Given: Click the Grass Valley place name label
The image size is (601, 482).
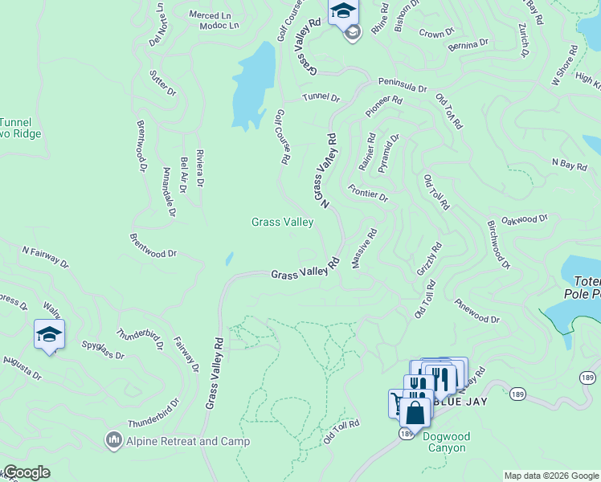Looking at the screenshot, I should [x=282, y=222].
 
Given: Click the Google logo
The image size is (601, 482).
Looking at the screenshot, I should [x=26, y=472].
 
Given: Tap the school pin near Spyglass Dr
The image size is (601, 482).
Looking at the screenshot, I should [x=49, y=334].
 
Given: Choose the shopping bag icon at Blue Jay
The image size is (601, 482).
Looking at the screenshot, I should [x=415, y=413].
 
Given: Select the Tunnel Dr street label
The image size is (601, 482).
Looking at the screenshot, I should [x=321, y=98].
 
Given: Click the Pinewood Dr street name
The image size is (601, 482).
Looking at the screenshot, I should [x=477, y=312].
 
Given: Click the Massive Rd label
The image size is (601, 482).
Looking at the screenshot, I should [x=363, y=249].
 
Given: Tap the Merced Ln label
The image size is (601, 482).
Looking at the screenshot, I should [x=209, y=14].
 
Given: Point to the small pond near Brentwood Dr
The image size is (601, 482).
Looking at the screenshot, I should [x=229, y=259].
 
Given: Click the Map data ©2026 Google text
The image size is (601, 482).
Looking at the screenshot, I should [x=550, y=476].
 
